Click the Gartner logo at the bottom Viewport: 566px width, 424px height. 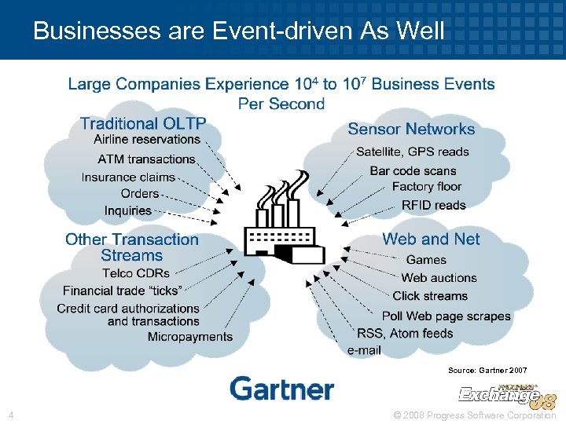point(281,389)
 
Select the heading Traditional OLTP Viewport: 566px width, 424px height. point(143,123)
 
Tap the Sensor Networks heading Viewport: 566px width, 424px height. point(411,130)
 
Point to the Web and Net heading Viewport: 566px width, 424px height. point(431,239)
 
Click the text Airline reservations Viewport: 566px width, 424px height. point(147,140)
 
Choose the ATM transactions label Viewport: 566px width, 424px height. point(146,159)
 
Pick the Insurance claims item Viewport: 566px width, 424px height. point(128,177)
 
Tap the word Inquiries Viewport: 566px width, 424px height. point(128,210)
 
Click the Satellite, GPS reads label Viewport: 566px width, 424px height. point(412,152)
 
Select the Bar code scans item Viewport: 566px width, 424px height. point(413,170)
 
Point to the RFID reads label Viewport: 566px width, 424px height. point(433,205)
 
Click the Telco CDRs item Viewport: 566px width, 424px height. point(136,273)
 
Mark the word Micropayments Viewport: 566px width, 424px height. point(190,337)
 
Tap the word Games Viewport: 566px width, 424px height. point(426,259)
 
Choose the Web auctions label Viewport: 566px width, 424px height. point(439,278)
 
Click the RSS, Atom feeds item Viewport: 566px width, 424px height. point(405,333)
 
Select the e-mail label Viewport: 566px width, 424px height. point(364,350)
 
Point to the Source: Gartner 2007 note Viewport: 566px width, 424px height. point(487,369)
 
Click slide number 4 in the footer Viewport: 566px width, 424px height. point(11,415)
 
